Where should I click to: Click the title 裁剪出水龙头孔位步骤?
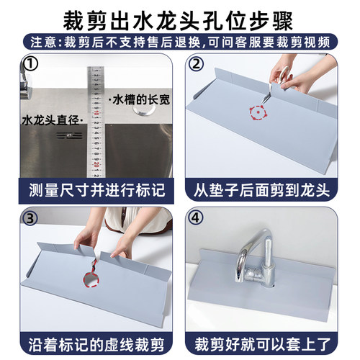(x=180, y=16)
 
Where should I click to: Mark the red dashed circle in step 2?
(x=256, y=113)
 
